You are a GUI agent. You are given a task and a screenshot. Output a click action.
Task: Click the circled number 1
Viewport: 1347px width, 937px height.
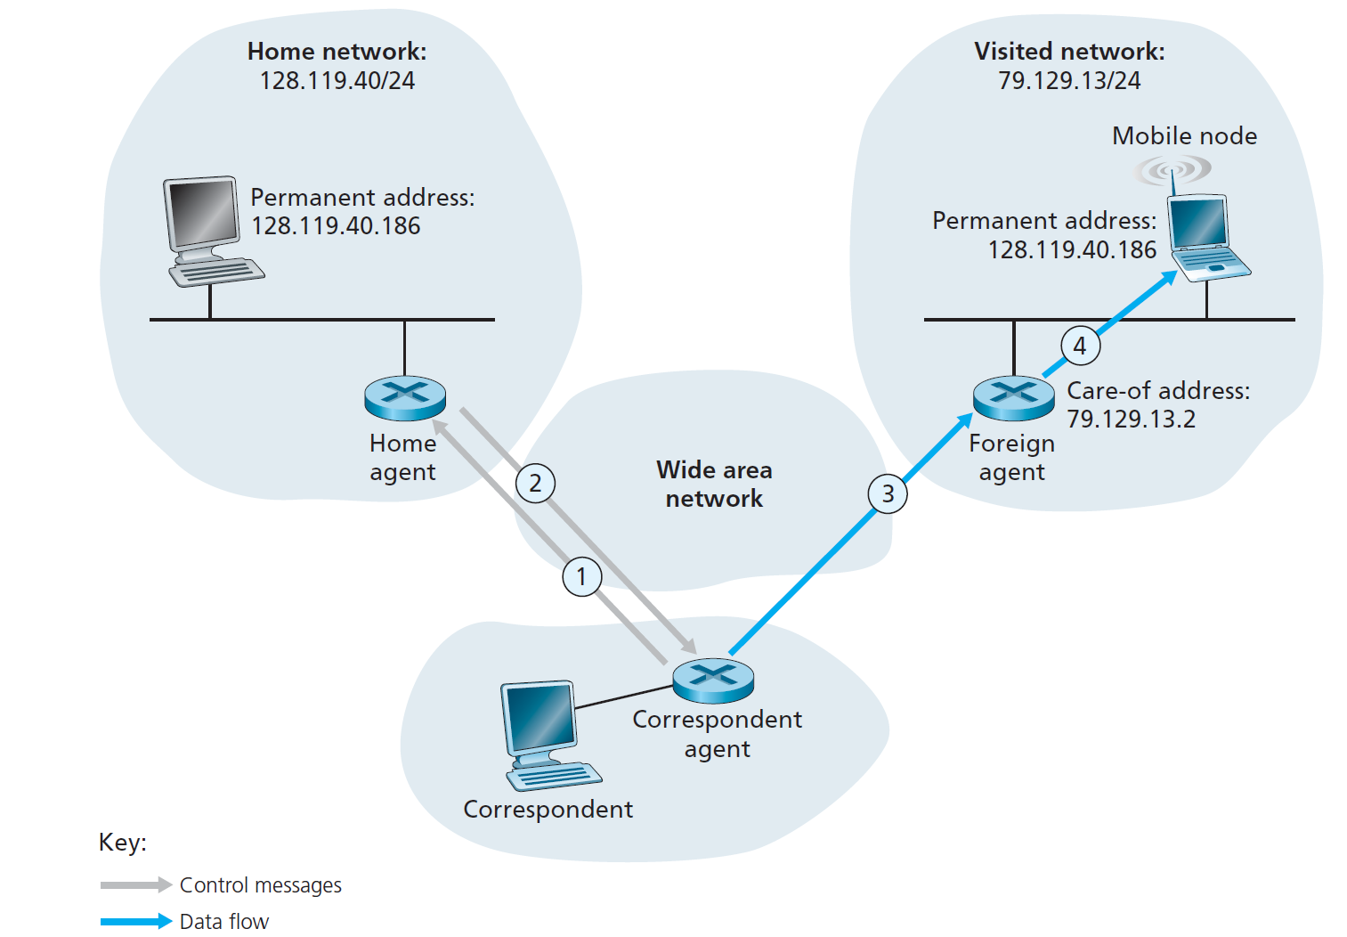(581, 576)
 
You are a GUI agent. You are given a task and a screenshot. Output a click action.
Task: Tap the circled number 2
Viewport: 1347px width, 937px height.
(535, 483)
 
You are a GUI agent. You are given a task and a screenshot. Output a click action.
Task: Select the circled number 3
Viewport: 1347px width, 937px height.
(887, 493)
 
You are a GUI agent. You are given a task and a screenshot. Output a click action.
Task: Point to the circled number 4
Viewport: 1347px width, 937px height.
(1080, 346)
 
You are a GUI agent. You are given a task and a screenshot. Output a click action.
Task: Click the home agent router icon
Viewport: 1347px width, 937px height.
(405, 398)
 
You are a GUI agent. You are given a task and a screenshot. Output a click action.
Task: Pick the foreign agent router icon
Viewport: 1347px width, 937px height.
(1013, 397)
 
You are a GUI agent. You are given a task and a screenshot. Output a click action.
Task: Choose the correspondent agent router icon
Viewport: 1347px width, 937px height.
(713, 680)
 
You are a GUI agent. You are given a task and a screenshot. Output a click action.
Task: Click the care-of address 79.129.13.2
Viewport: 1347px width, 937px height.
(1131, 419)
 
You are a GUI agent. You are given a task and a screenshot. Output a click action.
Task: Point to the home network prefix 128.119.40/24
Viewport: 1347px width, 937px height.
(337, 81)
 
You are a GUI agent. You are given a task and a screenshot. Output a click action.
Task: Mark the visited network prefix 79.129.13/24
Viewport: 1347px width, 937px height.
(1068, 81)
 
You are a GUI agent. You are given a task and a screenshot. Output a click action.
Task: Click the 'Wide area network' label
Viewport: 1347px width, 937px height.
(714, 484)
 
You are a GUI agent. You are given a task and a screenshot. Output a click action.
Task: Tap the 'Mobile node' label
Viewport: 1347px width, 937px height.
(1184, 136)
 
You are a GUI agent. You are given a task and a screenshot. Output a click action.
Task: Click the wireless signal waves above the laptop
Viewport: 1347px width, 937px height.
(1173, 169)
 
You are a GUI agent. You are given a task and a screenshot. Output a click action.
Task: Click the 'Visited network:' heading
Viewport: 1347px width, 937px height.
(1068, 52)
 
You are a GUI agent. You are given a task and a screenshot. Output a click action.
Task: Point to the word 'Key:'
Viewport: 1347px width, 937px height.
(123, 843)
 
